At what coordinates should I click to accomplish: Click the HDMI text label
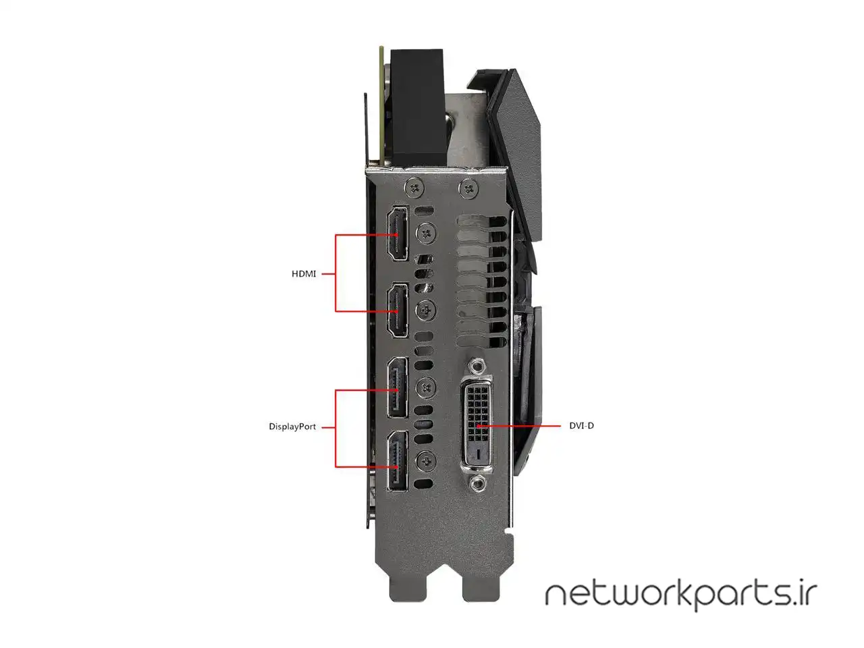[304, 274]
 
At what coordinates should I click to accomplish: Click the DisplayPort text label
[292, 427]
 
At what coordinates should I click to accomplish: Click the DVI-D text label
[581, 425]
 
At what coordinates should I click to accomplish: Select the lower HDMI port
[398, 310]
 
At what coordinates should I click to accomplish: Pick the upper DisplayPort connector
[398, 387]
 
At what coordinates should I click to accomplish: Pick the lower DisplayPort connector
[398, 461]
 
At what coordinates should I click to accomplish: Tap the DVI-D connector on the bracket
[477, 425]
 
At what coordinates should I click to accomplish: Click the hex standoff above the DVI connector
[477, 367]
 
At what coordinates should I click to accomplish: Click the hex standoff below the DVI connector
[477, 483]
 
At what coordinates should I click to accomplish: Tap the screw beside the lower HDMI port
[425, 310]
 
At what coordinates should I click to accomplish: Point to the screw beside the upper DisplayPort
[425, 387]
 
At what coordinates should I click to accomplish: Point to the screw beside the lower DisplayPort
[425, 460]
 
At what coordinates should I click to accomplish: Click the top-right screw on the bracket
[469, 188]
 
